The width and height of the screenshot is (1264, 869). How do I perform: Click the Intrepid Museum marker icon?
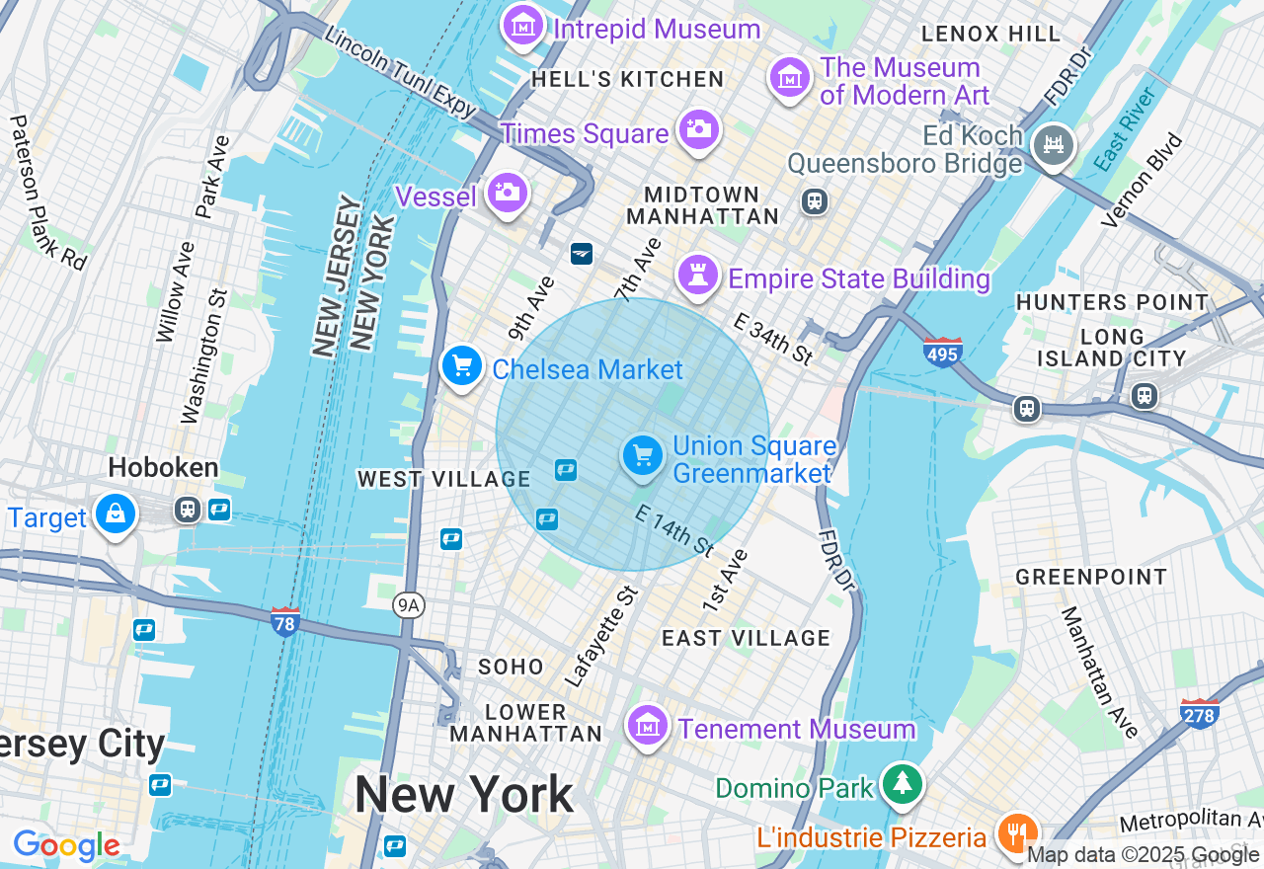point(523,26)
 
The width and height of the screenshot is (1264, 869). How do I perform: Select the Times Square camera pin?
point(699,129)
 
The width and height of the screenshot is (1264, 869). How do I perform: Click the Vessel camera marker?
point(508,193)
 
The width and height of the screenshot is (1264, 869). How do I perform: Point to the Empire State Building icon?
point(698,276)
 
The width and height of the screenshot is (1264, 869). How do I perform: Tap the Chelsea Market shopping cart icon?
point(461,367)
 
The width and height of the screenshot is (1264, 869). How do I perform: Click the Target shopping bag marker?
point(116,514)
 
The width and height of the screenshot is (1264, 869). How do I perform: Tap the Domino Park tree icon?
point(902,785)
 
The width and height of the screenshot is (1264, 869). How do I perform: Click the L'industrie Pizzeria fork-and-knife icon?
point(1016,834)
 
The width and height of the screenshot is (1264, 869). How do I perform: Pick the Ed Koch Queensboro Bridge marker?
point(1053,145)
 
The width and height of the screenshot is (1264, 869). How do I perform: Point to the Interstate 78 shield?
point(285,621)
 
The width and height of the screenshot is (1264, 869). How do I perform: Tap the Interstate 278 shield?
point(1199,713)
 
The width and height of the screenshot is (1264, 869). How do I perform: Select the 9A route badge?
point(410,605)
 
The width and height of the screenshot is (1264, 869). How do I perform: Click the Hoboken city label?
point(164,467)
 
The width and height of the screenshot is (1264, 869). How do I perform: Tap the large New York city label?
point(464,794)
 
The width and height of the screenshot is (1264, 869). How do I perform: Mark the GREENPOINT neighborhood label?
point(1091,577)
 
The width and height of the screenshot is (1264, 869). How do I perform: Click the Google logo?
point(66,845)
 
